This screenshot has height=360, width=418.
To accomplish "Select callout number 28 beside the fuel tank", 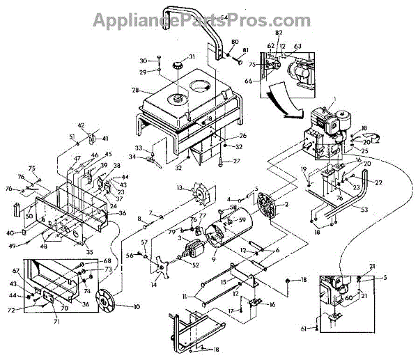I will click(134, 91).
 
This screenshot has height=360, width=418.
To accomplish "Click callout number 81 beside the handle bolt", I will click(245, 50).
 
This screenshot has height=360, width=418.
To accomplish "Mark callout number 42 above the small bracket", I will click(81, 125).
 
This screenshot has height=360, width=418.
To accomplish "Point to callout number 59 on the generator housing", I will click(243, 221).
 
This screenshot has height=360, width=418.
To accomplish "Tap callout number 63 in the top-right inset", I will click(298, 46).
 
